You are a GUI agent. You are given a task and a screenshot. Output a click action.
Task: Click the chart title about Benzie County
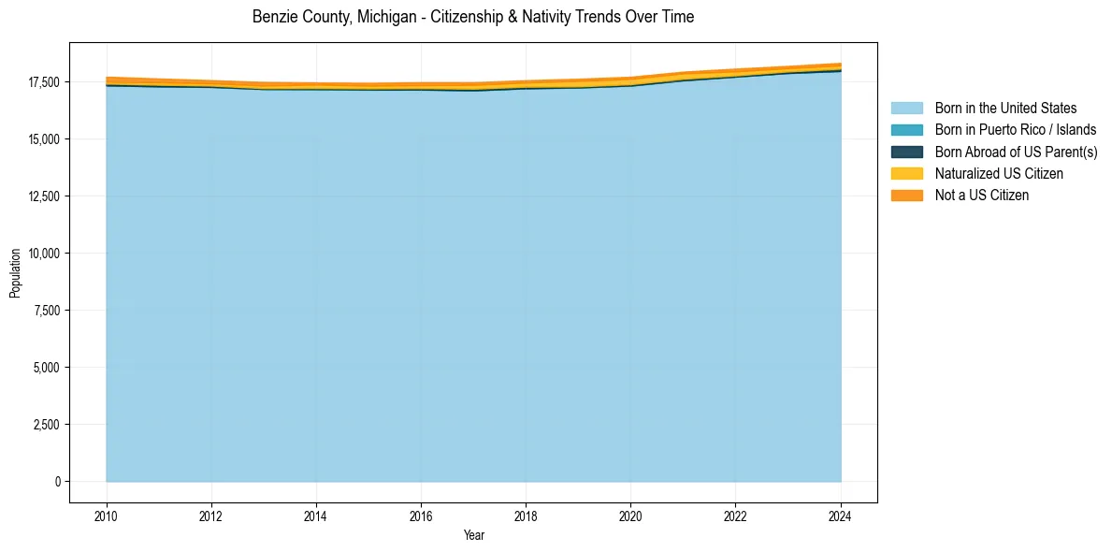(473, 17)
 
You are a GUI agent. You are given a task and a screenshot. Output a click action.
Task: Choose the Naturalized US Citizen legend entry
(999, 174)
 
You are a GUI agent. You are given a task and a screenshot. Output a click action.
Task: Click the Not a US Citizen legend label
(982, 196)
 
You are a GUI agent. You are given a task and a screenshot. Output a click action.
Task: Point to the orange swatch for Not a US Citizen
(906, 196)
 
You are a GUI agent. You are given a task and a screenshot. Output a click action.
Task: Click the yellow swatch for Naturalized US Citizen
(906, 174)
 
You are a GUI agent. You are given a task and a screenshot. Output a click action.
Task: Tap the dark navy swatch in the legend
(906, 152)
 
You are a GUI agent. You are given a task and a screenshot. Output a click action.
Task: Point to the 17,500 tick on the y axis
(42, 82)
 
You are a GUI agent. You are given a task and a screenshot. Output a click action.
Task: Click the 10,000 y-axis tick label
(42, 254)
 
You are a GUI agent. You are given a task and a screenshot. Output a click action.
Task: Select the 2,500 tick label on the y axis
(45, 425)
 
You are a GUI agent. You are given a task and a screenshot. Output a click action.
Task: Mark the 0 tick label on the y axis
(56, 482)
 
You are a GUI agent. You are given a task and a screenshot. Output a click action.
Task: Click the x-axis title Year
(474, 535)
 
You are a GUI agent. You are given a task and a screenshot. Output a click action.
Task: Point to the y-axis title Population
(15, 273)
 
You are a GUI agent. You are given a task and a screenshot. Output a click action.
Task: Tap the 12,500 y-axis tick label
(42, 196)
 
